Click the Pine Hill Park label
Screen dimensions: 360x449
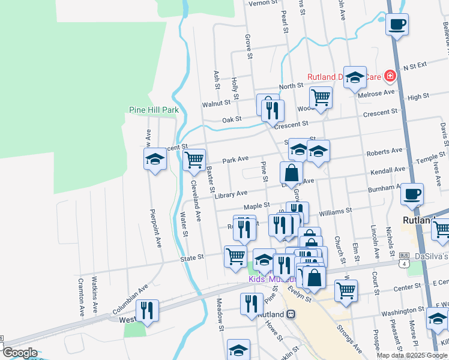tap(154, 110)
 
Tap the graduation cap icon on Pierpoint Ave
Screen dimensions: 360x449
tap(155, 160)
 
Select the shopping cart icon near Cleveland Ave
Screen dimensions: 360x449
tap(194, 160)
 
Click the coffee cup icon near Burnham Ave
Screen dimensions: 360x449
tap(412, 194)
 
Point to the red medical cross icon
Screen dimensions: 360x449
tap(390, 76)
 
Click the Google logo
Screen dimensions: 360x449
tap(20, 353)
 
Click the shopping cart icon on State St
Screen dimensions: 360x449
tap(235, 256)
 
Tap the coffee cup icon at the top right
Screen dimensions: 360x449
tap(397, 25)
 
